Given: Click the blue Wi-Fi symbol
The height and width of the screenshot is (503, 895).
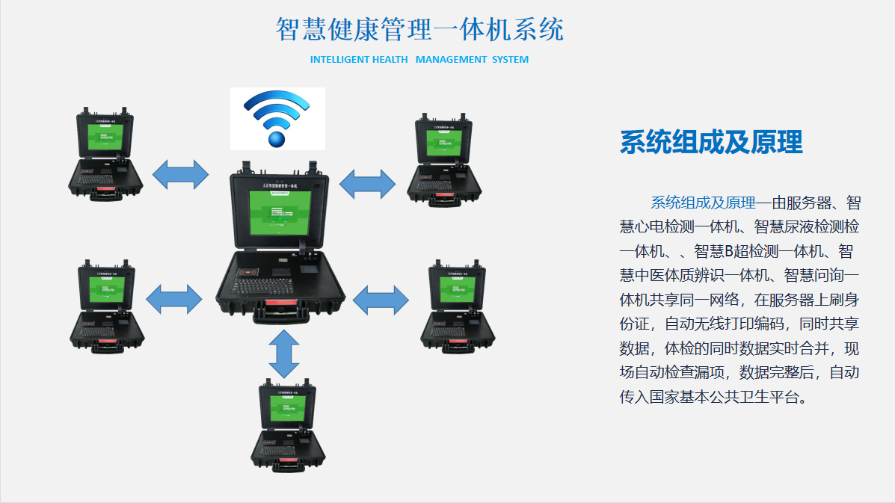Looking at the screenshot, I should pos(277,119).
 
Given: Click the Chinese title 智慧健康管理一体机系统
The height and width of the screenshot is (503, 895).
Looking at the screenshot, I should pos(419,30).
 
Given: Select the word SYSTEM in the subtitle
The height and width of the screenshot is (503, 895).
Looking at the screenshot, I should pos(510,60).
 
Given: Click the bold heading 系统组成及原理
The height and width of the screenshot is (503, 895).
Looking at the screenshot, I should pos(711,142).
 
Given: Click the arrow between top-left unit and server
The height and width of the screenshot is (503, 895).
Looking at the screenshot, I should pos(180,174).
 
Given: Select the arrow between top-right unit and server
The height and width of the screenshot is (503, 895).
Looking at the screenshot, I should pos(367,184).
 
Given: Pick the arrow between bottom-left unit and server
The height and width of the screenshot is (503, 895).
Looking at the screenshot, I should pos(173,299).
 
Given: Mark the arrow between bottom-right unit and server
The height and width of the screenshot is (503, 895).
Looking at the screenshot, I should pos(381,299).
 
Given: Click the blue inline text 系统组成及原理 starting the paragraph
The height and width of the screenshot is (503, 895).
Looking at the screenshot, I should pos(703,203).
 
